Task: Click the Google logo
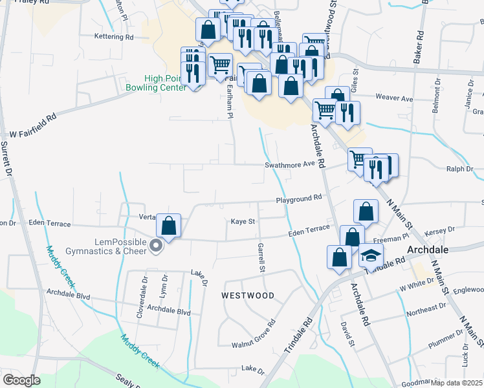click(21, 380)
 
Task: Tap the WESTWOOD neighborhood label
click(248, 296)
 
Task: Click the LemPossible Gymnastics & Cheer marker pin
click(156, 246)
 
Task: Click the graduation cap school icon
click(371, 256)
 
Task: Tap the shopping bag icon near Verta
click(168, 226)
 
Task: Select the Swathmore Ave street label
click(289, 165)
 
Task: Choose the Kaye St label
click(244, 222)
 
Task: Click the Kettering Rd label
click(113, 37)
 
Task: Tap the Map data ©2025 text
click(457, 383)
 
